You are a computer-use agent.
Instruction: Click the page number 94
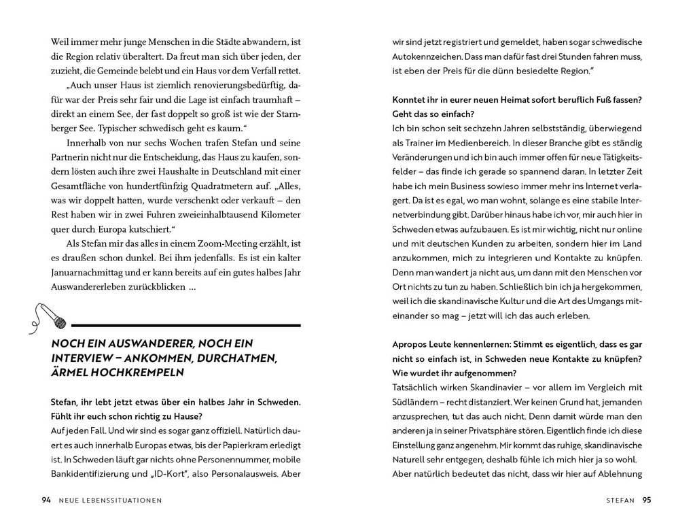click(46, 501)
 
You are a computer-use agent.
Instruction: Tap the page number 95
click(647, 501)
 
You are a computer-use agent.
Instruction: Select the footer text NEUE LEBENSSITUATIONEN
click(111, 501)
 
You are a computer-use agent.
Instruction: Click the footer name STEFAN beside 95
click(620, 501)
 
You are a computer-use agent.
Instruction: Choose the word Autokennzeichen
click(427, 56)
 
